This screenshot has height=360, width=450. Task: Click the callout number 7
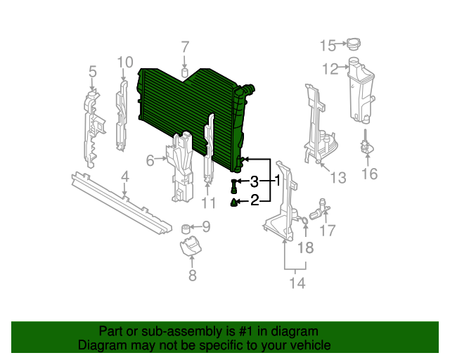[x=185, y=48]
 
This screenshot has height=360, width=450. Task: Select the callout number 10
[x=124, y=63]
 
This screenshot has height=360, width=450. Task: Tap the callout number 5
[x=93, y=71]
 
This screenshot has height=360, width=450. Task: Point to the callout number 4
[x=124, y=176]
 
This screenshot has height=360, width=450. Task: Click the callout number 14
[x=297, y=283]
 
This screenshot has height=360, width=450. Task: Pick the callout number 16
[x=370, y=174]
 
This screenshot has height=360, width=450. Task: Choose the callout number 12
[x=330, y=68]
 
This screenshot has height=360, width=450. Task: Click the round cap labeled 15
[x=353, y=46]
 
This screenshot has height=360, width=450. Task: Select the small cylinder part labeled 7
[x=185, y=72]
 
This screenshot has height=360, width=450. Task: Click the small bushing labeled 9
[x=186, y=227]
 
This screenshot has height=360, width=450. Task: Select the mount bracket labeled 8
[x=190, y=249]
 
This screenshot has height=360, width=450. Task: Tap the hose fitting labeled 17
[x=323, y=209]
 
